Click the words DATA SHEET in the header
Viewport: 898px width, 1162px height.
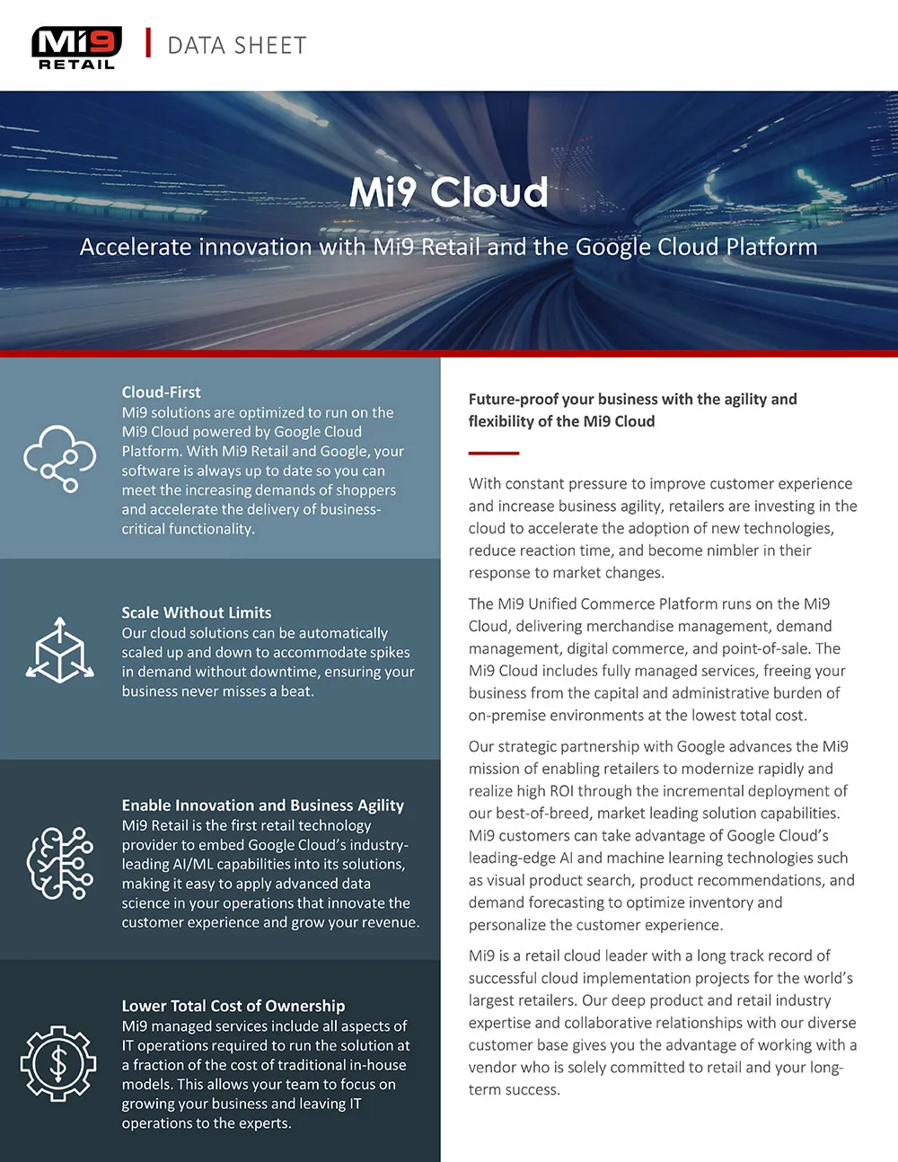[237, 46]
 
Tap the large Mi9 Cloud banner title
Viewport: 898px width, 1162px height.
[448, 192]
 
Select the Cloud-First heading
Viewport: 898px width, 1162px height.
[162, 392]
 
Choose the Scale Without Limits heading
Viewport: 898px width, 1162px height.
[197, 613]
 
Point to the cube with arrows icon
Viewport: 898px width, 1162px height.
[59, 650]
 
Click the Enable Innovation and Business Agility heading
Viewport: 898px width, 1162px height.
[263, 805]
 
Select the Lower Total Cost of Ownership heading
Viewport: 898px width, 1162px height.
[233, 1007]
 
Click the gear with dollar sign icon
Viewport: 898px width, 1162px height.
[58, 1064]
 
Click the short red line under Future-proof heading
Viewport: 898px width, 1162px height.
[494, 453]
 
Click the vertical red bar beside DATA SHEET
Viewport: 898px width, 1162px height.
[148, 43]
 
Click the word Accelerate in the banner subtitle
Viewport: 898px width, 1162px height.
[136, 247]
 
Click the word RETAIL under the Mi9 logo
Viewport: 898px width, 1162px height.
[77, 65]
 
